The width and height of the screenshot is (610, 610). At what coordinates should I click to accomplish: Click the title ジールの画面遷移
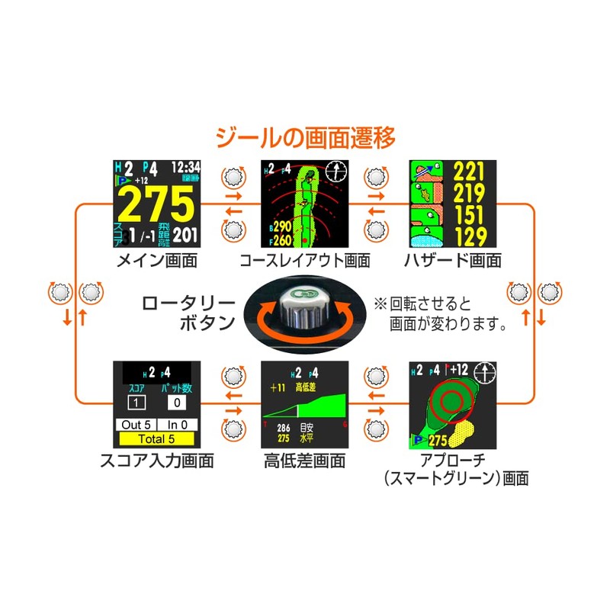point(304,139)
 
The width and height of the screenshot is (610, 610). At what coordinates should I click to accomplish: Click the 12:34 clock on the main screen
point(185,166)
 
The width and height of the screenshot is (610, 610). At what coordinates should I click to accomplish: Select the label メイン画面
point(157,261)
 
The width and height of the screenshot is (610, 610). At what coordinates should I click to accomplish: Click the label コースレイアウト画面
point(304,261)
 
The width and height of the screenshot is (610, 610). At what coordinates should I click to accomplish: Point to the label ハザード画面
point(453,261)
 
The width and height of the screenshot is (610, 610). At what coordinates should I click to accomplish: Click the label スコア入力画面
point(156,461)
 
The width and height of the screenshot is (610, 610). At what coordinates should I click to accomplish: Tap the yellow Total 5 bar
point(157,439)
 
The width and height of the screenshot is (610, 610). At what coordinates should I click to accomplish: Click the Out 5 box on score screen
point(136,425)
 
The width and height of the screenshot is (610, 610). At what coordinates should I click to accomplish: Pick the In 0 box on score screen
point(178,425)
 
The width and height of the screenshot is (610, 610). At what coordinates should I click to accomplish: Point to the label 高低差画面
point(304,461)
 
